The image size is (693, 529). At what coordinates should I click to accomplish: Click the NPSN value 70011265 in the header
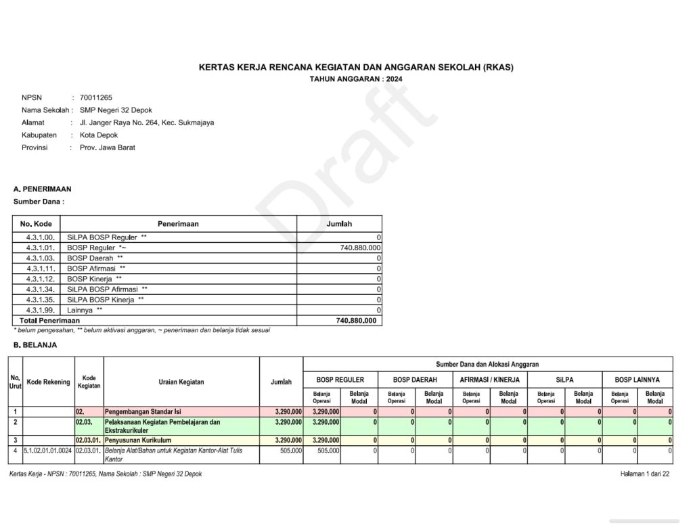click(x=95, y=97)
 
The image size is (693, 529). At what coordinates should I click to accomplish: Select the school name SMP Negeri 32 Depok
click(x=116, y=110)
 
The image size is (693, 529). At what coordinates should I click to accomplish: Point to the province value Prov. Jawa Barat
click(x=107, y=147)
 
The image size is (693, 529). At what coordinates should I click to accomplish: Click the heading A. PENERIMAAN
click(x=42, y=189)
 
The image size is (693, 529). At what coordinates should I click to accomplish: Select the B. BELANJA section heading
click(x=35, y=345)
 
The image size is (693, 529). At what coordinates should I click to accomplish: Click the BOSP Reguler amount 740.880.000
click(x=360, y=248)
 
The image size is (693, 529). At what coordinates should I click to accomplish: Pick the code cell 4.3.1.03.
click(x=40, y=258)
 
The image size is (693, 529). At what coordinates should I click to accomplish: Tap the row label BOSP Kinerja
click(x=94, y=279)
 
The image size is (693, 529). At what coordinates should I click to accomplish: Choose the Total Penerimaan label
click(x=49, y=321)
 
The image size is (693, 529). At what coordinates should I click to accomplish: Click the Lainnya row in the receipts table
click(x=85, y=310)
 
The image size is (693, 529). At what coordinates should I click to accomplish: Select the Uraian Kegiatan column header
click(x=181, y=382)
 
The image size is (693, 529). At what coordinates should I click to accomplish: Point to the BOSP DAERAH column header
click(x=415, y=380)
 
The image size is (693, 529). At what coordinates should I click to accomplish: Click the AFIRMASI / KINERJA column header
click(x=489, y=380)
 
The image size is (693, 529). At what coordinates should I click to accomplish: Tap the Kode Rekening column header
click(x=48, y=382)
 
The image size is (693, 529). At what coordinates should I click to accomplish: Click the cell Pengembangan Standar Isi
click(x=143, y=411)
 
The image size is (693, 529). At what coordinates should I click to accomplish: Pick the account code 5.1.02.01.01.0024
click(x=48, y=451)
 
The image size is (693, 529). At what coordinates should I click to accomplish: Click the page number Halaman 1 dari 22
click(x=644, y=474)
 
